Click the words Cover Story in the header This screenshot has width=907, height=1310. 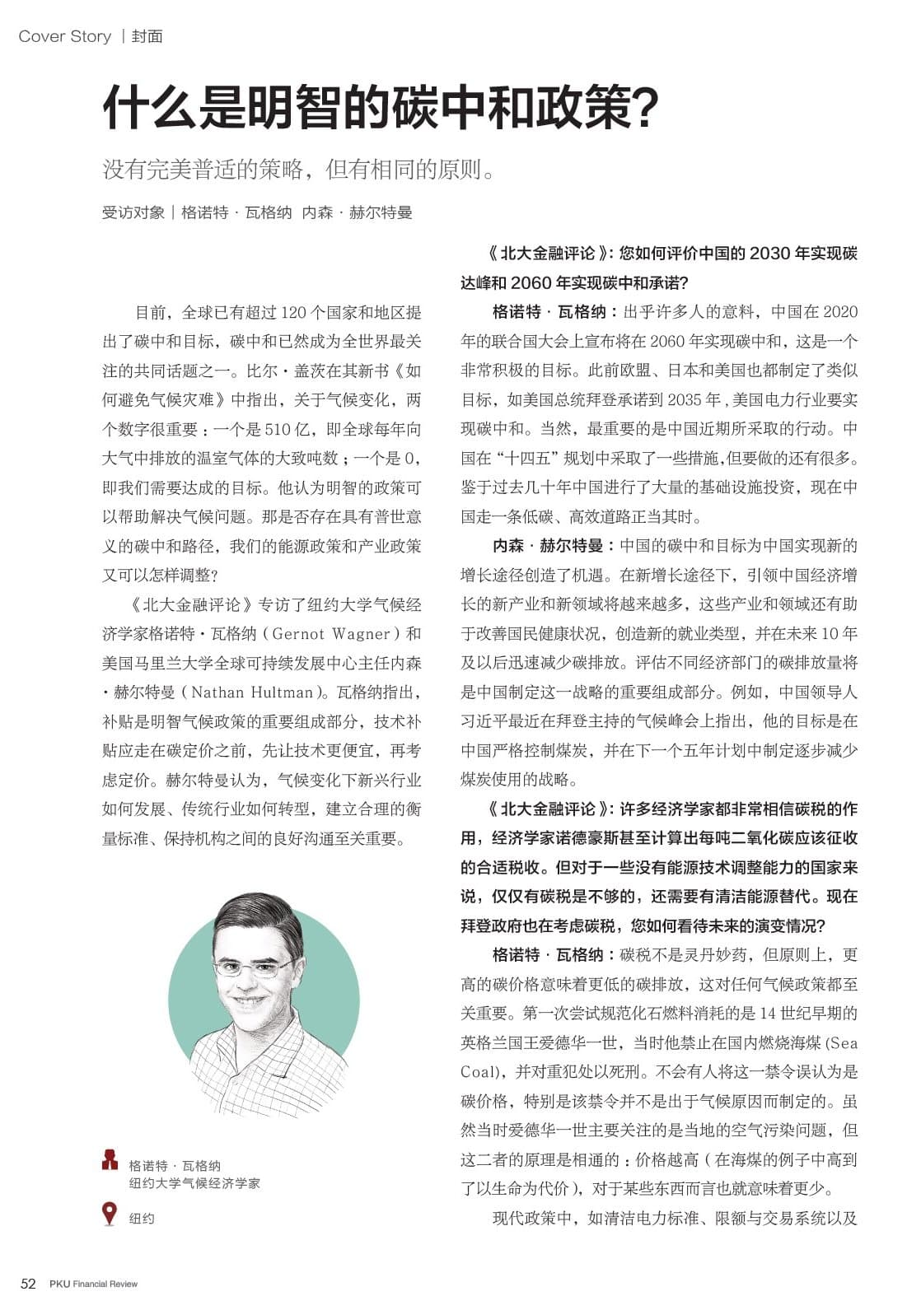click(x=64, y=36)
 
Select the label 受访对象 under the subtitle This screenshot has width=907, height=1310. click(x=133, y=212)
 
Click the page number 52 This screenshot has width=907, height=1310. click(x=28, y=1284)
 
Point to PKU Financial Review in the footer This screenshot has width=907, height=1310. click(x=93, y=1284)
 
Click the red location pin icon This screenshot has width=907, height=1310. click(x=110, y=1214)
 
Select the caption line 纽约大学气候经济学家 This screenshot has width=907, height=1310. click(x=194, y=1183)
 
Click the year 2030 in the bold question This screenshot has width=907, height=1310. click(x=769, y=254)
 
